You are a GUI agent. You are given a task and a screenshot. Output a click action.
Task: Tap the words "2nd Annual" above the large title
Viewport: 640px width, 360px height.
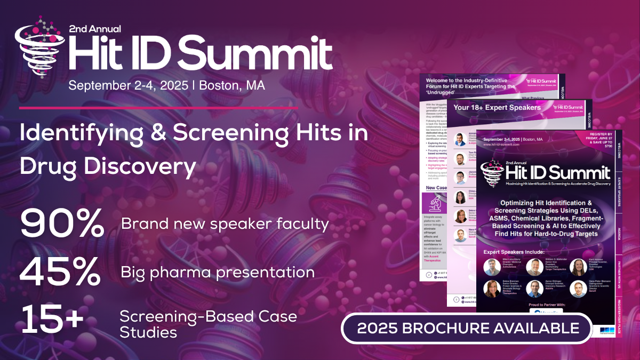click(x=95, y=28)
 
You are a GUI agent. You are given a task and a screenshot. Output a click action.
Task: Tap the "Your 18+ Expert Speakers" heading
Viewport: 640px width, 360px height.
click(x=497, y=107)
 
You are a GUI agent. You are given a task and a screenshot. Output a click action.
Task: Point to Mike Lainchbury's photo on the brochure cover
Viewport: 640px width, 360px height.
click(x=491, y=266)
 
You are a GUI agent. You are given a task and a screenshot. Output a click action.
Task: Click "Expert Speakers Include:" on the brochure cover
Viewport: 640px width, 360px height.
click(x=514, y=251)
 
